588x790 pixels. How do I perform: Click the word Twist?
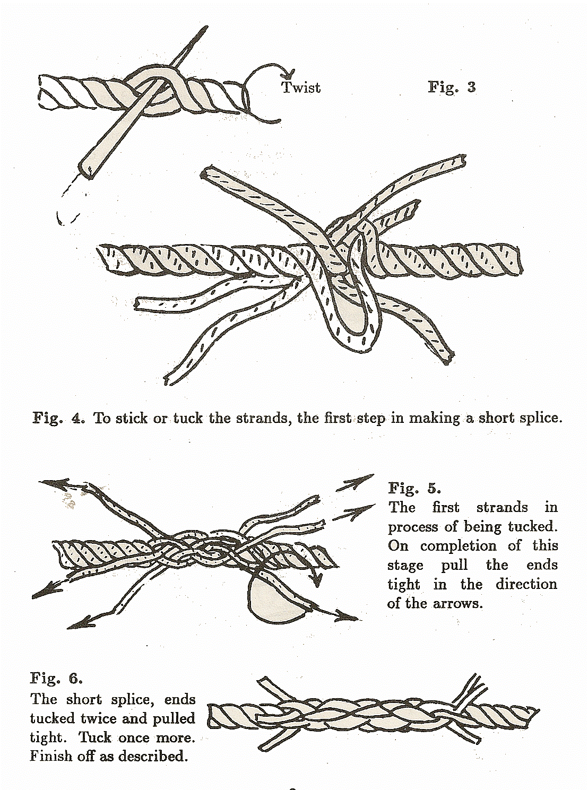(301, 87)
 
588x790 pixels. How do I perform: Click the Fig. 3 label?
(452, 86)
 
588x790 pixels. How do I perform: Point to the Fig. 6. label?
(56, 678)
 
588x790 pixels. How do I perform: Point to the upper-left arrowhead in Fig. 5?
(47, 483)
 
